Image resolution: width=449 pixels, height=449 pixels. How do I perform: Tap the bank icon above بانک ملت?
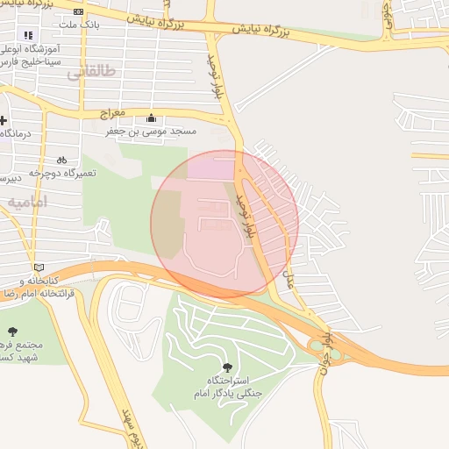click(80, 11)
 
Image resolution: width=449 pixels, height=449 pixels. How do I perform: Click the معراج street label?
click(111, 115)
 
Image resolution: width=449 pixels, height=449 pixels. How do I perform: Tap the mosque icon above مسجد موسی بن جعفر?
click(152, 118)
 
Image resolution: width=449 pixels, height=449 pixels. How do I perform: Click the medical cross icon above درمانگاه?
click(4, 120)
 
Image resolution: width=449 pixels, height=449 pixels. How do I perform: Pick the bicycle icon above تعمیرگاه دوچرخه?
click(61, 160)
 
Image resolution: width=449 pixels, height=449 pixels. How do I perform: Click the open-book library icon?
click(36, 267)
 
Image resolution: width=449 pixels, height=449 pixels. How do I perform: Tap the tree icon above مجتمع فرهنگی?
click(12, 331)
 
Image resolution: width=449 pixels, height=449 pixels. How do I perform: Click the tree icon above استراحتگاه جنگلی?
click(228, 367)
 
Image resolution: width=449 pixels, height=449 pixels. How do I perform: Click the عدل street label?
click(289, 280)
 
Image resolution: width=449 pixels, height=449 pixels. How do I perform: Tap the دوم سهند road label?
click(123, 426)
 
